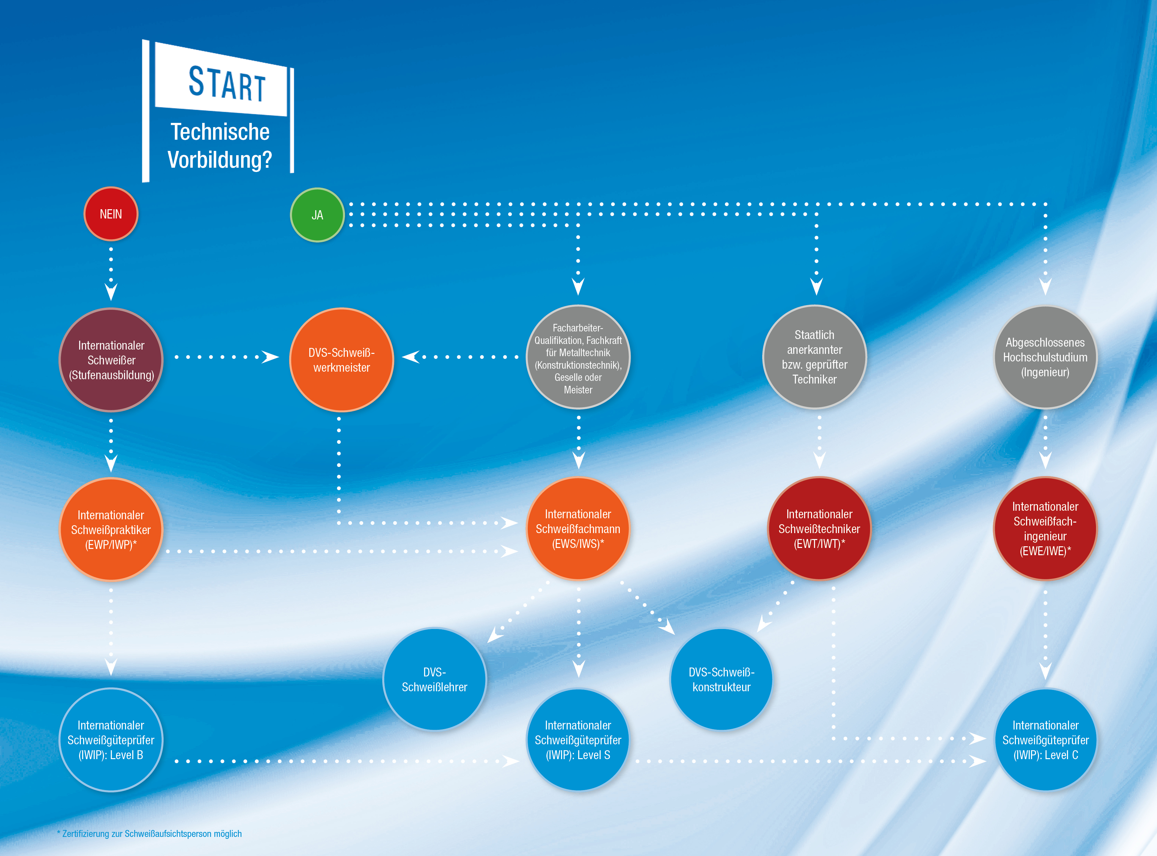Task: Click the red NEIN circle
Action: click(111, 214)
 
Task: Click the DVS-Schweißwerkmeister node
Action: click(341, 359)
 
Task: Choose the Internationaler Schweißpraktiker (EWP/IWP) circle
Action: click(111, 529)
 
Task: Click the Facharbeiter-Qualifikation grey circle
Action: click(578, 357)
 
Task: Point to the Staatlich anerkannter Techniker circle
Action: click(815, 357)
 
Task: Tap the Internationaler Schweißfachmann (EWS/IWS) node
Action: click(578, 528)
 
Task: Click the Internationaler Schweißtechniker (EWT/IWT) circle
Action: click(819, 528)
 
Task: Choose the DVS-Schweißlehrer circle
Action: click(435, 679)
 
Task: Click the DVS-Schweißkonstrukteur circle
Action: click(721, 679)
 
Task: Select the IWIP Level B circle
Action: click(111, 740)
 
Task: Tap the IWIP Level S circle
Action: click(578, 740)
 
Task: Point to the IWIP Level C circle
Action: click(1046, 740)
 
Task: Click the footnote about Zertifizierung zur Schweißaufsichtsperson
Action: click(149, 834)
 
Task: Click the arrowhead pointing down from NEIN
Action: click(111, 291)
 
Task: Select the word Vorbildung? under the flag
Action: click(220, 159)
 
